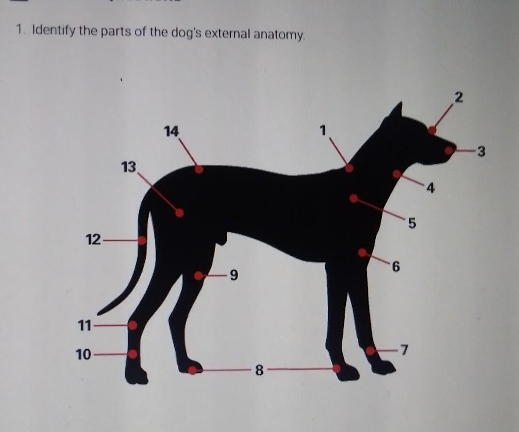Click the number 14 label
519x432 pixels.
[x=171, y=132]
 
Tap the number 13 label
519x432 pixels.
[x=128, y=167]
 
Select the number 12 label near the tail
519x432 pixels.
[x=93, y=239]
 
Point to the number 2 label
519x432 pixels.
[x=458, y=98]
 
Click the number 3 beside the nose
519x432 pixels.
[x=481, y=152]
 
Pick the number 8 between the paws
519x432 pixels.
[x=259, y=371]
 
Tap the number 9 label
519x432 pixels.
[x=233, y=275]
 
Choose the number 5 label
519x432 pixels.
[x=411, y=223]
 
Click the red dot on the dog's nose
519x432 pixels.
[x=449, y=150]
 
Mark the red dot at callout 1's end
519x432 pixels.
[x=349, y=168]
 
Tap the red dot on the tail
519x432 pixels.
[x=142, y=240]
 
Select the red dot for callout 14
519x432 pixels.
[x=199, y=169]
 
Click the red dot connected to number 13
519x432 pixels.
[x=179, y=213]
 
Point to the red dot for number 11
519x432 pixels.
[x=132, y=326]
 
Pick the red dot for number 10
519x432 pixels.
[x=133, y=354]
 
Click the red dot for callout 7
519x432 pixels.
[x=371, y=351]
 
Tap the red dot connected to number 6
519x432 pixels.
[x=362, y=253]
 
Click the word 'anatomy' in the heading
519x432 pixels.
[x=278, y=34]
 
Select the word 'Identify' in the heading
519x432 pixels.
[x=53, y=31]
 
